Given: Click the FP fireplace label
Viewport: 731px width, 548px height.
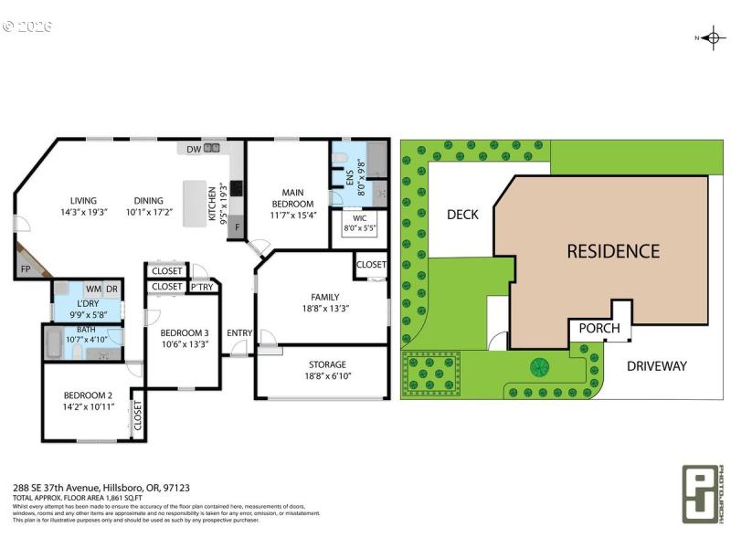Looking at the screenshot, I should (25, 270).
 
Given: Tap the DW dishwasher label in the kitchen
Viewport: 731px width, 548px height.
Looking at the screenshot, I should (194, 148).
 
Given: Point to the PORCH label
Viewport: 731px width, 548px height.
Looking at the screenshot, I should (599, 329).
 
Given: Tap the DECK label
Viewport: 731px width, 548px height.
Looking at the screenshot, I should (462, 216).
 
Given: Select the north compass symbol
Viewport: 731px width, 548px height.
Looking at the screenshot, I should (710, 37).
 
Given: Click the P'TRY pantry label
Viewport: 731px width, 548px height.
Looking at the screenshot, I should (202, 288).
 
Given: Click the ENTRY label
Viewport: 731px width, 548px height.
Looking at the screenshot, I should (239, 332).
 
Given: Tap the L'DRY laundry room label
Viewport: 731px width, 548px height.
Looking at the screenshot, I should (88, 302).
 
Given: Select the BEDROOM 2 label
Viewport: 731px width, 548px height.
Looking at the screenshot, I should (88, 395).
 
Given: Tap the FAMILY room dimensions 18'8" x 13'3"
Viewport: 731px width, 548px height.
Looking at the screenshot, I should (324, 308).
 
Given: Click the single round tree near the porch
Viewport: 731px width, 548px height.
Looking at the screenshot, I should (538, 367).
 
